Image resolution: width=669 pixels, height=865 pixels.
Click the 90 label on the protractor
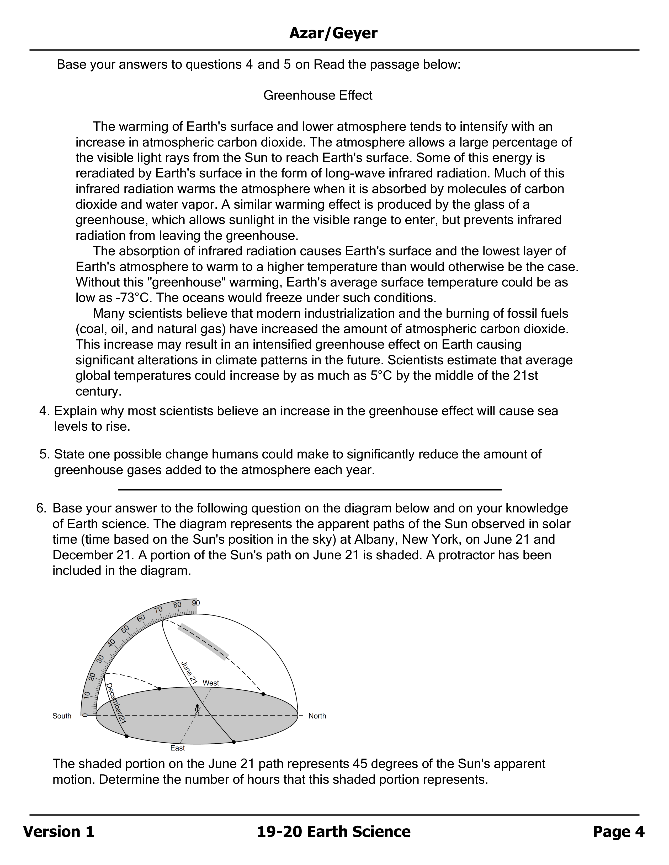(x=196, y=603)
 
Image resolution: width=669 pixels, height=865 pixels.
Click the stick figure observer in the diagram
(x=197, y=709)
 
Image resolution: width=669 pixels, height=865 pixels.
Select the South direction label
(x=62, y=716)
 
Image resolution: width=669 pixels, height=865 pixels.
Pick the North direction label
(x=317, y=716)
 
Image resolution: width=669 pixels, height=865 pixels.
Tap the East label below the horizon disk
(x=178, y=748)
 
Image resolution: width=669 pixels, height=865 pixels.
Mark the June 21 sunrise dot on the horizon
(x=234, y=742)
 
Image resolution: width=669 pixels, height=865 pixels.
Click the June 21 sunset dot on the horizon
(x=263, y=694)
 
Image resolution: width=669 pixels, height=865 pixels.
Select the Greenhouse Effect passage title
(x=318, y=95)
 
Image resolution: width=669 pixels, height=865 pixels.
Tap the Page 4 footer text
(x=618, y=832)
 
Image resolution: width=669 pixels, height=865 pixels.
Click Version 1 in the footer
(x=59, y=832)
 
